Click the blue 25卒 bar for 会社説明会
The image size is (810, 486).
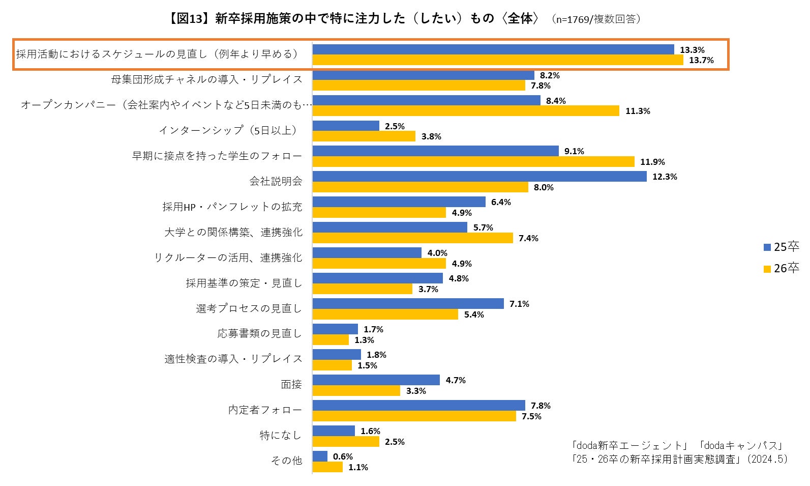(479, 177)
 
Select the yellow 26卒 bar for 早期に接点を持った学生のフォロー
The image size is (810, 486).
(473, 162)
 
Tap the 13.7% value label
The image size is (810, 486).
(701, 60)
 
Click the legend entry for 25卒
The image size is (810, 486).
(782, 247)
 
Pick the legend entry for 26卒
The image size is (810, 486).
(782, 268)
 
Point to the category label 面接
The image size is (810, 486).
(291, 385)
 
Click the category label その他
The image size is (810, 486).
(286, 461)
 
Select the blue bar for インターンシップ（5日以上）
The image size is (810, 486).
(346, 126)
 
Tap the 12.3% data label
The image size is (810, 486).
(665, 177)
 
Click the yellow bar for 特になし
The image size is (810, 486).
(346, 442)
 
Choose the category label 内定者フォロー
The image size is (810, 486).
(265, 410)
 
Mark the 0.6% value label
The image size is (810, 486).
(343, 456)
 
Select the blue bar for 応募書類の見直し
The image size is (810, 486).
(335, 329)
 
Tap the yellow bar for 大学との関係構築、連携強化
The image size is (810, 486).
(412, 238)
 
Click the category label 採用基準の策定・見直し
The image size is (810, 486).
(244, 283)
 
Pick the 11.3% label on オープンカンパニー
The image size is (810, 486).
(638, 111)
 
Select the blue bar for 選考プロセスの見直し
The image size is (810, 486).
(408, 304)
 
